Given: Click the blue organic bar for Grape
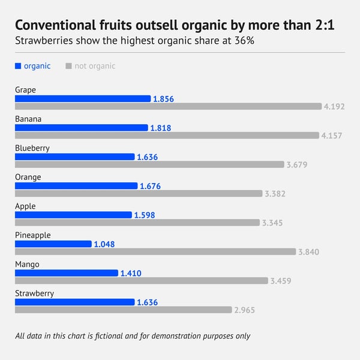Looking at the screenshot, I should pos(83,98).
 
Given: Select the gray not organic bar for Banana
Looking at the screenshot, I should pos(167,136).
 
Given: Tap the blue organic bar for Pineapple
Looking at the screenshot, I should pos(53,244).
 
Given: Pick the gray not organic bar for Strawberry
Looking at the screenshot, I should pos(123,310).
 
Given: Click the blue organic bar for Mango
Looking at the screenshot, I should pos(67,273).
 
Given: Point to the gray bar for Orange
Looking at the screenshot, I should pos(138,193).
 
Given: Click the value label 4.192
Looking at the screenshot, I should pos(334,107).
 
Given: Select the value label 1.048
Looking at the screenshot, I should pos(104,244).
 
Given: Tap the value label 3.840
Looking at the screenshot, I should pos(309,252).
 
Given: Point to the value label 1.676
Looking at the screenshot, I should pos(150,186).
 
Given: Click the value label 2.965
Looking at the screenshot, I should pos(245,310).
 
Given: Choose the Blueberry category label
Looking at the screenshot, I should pos(32,148).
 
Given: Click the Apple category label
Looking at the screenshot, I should pos(25,206).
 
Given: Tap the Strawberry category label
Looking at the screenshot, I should pos(35,293).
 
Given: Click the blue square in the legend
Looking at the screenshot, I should pos(18,66).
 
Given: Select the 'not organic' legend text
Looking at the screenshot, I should pos(95,66).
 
